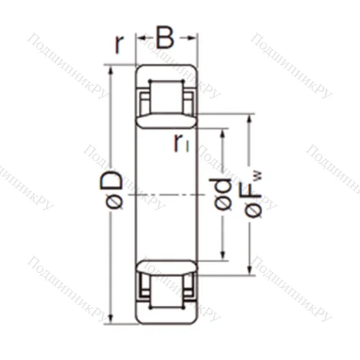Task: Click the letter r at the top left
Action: pos(120,45)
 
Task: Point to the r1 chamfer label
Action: pos(181,143)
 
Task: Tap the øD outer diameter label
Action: pos(112,192)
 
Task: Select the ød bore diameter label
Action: pos(224,194)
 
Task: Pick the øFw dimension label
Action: pos(254,193)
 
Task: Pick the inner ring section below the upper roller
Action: pos(166,120)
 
